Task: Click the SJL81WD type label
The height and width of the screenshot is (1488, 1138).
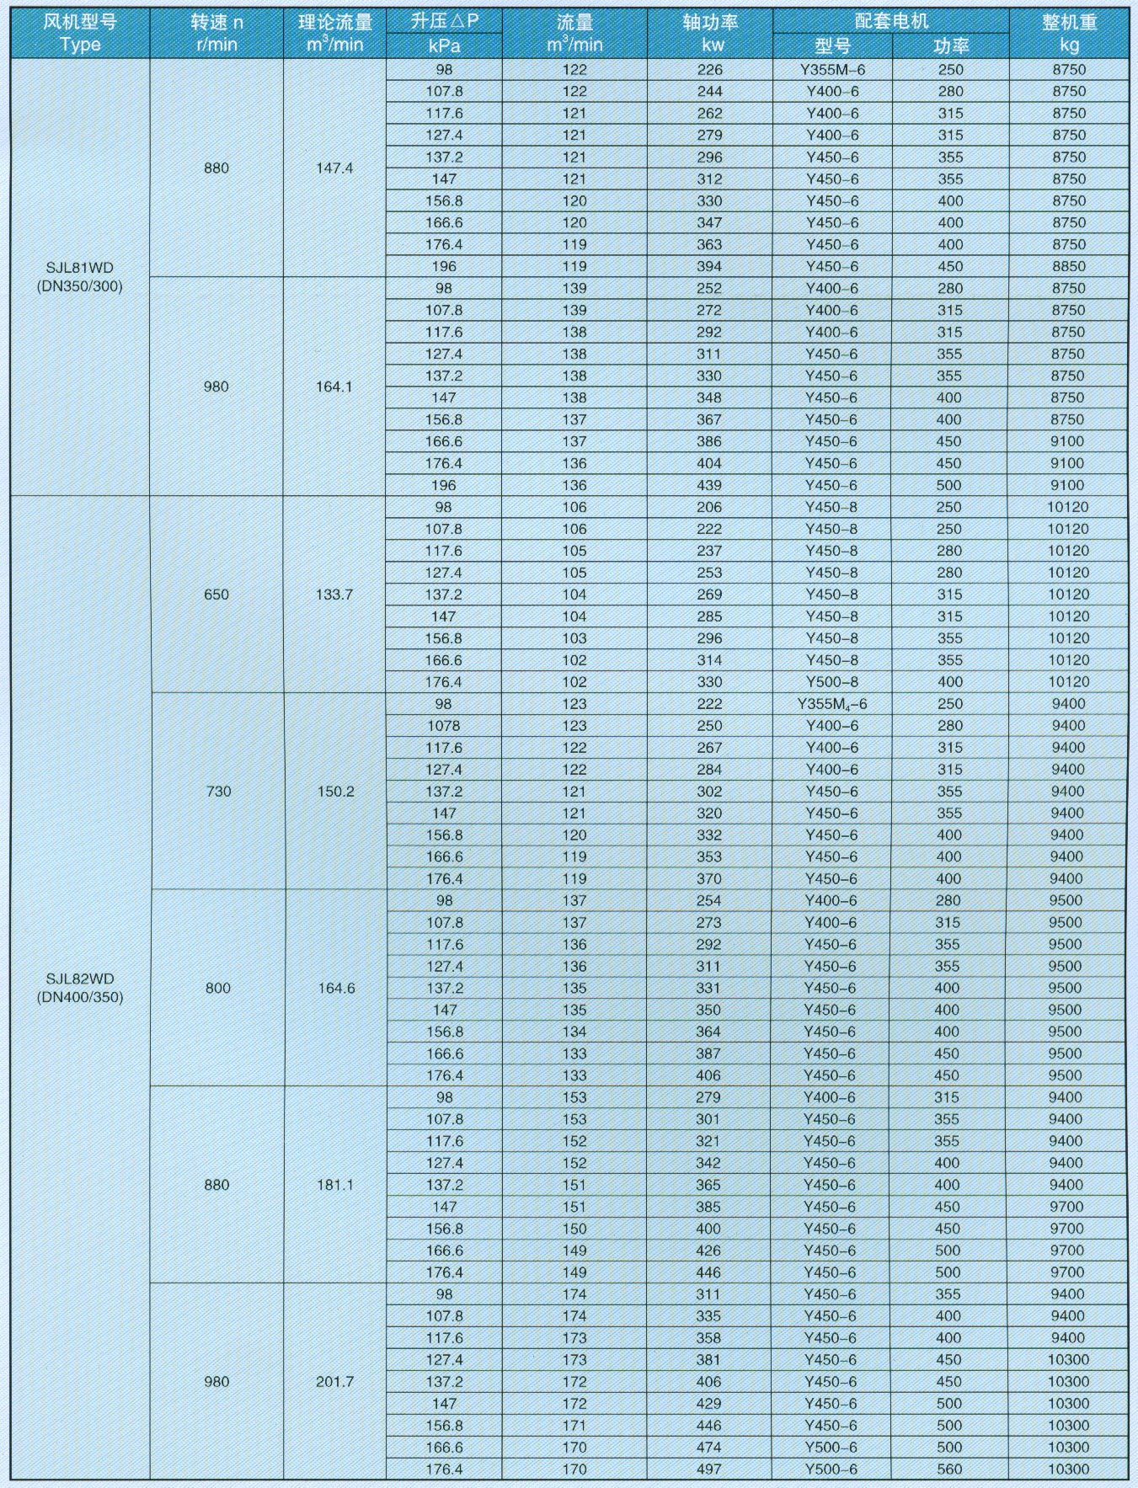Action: click(80, 269)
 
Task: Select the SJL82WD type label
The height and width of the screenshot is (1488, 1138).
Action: click(80, 979)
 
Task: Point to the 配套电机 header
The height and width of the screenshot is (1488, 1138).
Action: click(890, 21)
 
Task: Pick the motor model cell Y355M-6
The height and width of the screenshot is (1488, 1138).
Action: click(832, 70)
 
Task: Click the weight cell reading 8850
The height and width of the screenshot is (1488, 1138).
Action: click(1069, 266)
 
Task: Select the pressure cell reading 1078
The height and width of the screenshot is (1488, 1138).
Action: click(444, 726)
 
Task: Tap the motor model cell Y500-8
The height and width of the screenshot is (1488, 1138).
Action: click(831, 682)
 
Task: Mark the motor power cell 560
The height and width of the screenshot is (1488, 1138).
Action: click(948, 1469)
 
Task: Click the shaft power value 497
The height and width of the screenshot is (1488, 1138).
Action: click(709, 1469)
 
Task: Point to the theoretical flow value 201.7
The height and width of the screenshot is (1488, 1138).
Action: click(334, 1382)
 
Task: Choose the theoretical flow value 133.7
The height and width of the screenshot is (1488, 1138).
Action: click(334, 595)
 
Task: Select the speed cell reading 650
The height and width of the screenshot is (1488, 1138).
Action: click(216, 595)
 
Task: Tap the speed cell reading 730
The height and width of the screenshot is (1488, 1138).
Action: click(217, 792)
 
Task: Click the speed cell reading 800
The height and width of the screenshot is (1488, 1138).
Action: click(217, 989)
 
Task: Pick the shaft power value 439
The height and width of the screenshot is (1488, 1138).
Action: click(709, 485)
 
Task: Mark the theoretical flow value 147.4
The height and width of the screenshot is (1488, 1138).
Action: click(334, 168)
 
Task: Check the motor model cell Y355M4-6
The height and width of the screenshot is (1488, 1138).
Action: click(832, 704)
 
